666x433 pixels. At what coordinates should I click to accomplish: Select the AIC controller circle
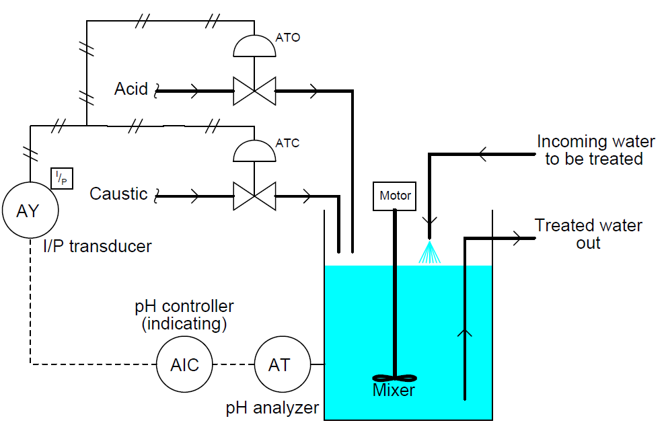(x=184, y=364)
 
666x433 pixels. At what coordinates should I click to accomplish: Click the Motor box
(x=395, y=196)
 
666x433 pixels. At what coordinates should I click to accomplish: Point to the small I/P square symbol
(x=62, y=178)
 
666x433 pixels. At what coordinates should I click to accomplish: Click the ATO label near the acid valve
(x=288, y=38)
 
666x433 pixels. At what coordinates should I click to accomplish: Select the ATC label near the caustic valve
(x=287, y=143)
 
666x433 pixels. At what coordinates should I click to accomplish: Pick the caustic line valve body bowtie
(x=254, y=196)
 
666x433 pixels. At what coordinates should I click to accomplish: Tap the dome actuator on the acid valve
(x=254, y=46)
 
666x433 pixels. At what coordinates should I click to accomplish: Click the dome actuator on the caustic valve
(x=254, y=152)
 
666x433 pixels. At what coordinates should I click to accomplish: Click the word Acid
(x=131, y=89)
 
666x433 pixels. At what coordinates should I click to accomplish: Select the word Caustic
(x=118, y=194)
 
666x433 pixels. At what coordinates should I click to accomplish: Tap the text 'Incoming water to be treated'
(x=595, y=151)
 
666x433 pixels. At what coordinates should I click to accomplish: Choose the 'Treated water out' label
(x=588, y=234)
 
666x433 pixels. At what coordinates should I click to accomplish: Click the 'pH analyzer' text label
(x=272, y=407)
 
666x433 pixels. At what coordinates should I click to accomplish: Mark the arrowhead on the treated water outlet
(x=517, y=237)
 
